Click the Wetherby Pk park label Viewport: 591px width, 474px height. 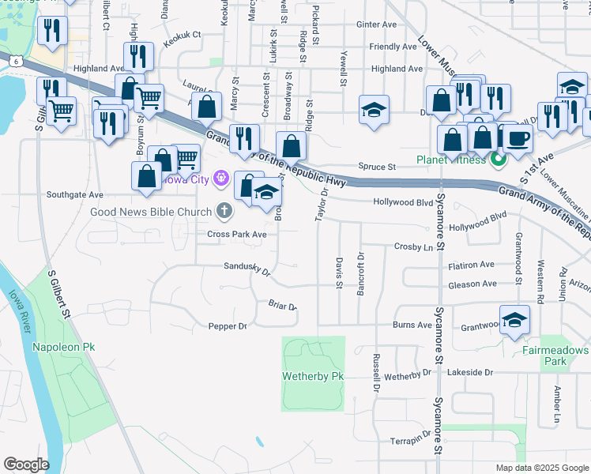click(x=313, y=377)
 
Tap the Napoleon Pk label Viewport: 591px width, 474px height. click(x=62, y=347)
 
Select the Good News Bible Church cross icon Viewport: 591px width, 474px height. click(x=224, y=211)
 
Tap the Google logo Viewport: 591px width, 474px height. click(x=25, y=465)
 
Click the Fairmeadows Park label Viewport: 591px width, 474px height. click(x=555, y=355)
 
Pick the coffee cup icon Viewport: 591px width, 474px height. click(x=518, y=139)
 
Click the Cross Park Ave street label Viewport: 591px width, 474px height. click(x=237, y=235)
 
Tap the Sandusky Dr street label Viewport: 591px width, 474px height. click(x=247, y=269)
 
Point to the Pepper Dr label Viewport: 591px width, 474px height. click(x=228, y=325)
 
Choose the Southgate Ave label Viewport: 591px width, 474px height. click(x=74, y=194)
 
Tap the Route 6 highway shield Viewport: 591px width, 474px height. click(x=15, y=59)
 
